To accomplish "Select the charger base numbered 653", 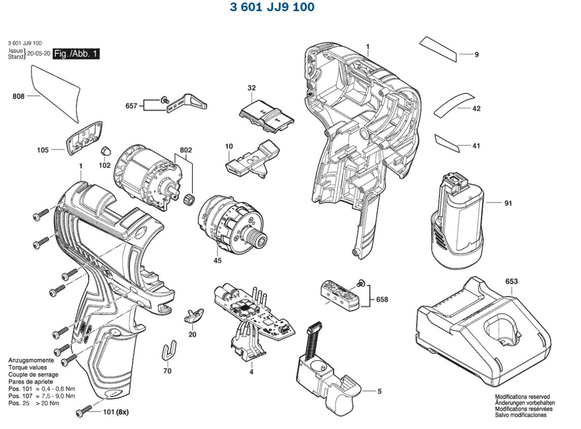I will click(x=482, y=330).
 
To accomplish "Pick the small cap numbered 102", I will click(x=106, y=151).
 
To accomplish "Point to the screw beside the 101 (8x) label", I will click(x=84, y=411).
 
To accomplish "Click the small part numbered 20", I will click(x=193, y=316).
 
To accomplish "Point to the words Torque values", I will click(x=27, y=367).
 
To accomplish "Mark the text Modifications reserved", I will click(x=522, y=397).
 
